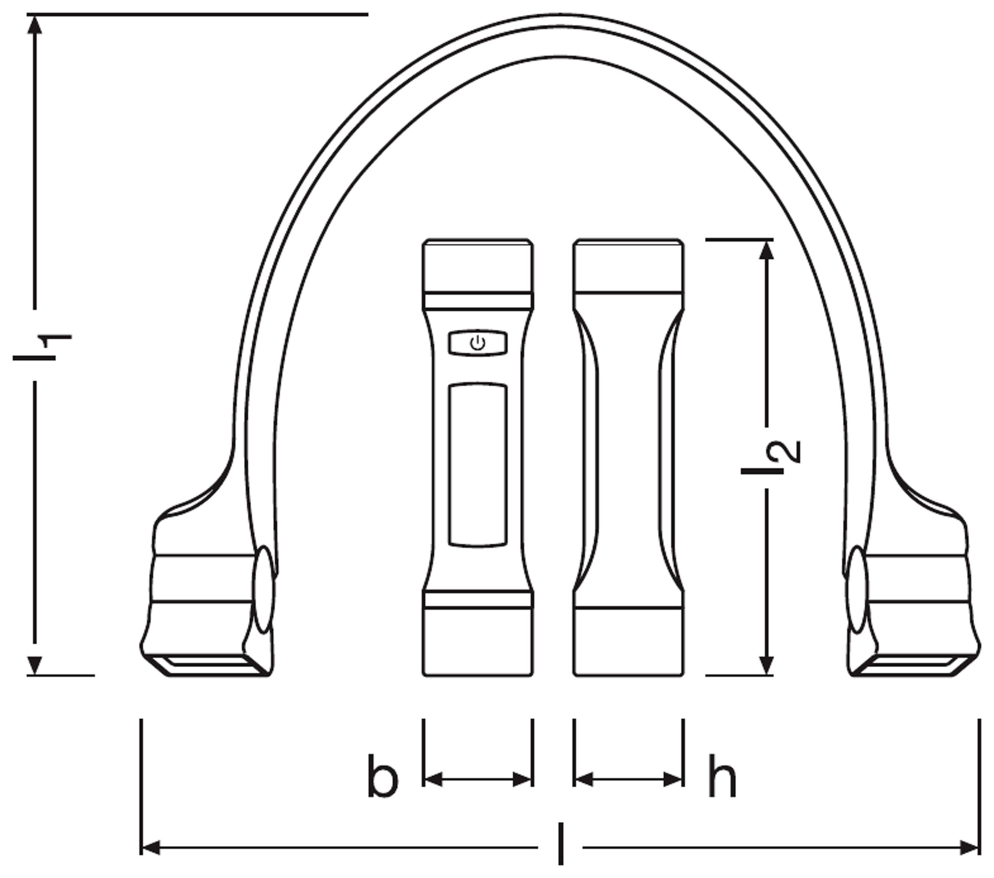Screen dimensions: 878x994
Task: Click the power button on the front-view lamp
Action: [477, 343]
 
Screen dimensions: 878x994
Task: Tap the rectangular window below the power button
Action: [477, 465]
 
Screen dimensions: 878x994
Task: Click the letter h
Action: [722, 777]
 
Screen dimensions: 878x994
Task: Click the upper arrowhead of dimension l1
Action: [35, 25]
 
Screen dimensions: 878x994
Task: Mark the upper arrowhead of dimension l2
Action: [767, 250]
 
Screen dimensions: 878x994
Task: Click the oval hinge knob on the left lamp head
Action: [264, 590]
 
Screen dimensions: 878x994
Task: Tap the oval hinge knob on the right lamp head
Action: [857, 590]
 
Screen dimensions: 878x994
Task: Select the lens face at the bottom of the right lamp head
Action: [909, 664]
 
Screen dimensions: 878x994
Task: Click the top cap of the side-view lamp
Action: [628, 267]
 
